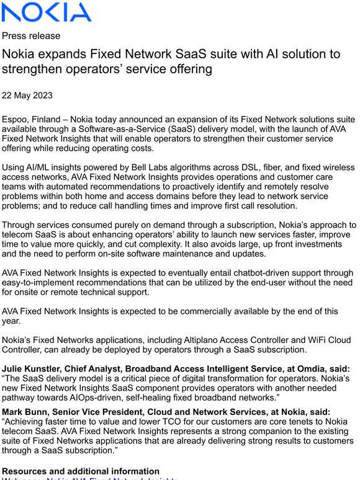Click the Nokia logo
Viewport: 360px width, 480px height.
[x=47, y=12]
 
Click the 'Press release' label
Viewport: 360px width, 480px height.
[x=31, y=36]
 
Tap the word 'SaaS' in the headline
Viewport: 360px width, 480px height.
[x=186, y=55]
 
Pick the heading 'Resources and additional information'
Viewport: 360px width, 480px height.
[x=81, y=471]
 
